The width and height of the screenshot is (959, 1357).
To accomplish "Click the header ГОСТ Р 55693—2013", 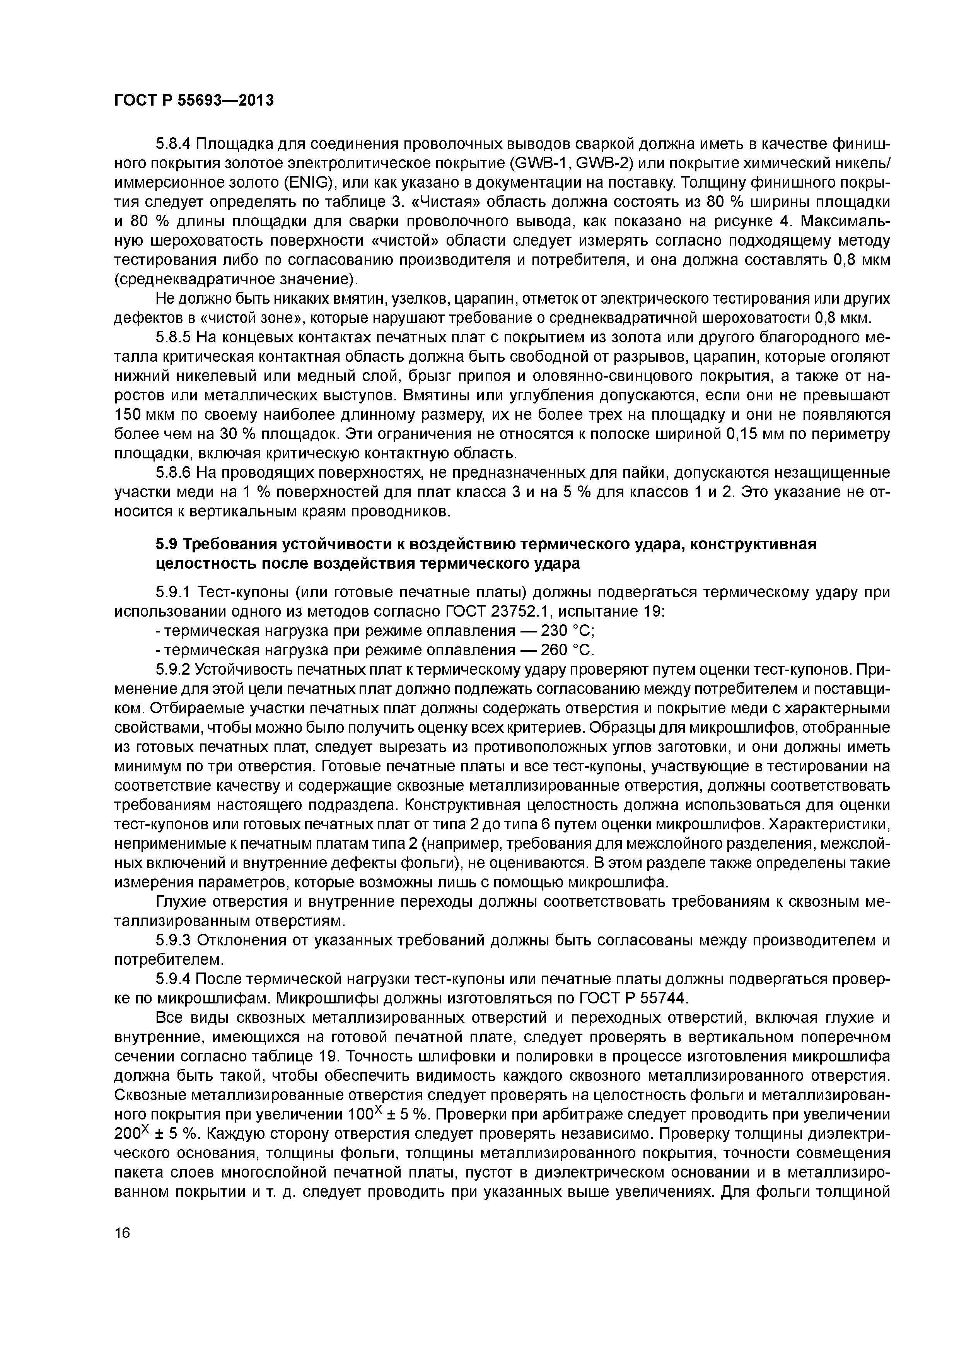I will [194, 101].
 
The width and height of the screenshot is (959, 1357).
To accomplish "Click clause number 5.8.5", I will [173, 337].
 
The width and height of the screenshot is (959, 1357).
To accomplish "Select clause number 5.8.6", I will [173, 473].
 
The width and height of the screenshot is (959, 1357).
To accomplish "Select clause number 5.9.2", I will [173, 670].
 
